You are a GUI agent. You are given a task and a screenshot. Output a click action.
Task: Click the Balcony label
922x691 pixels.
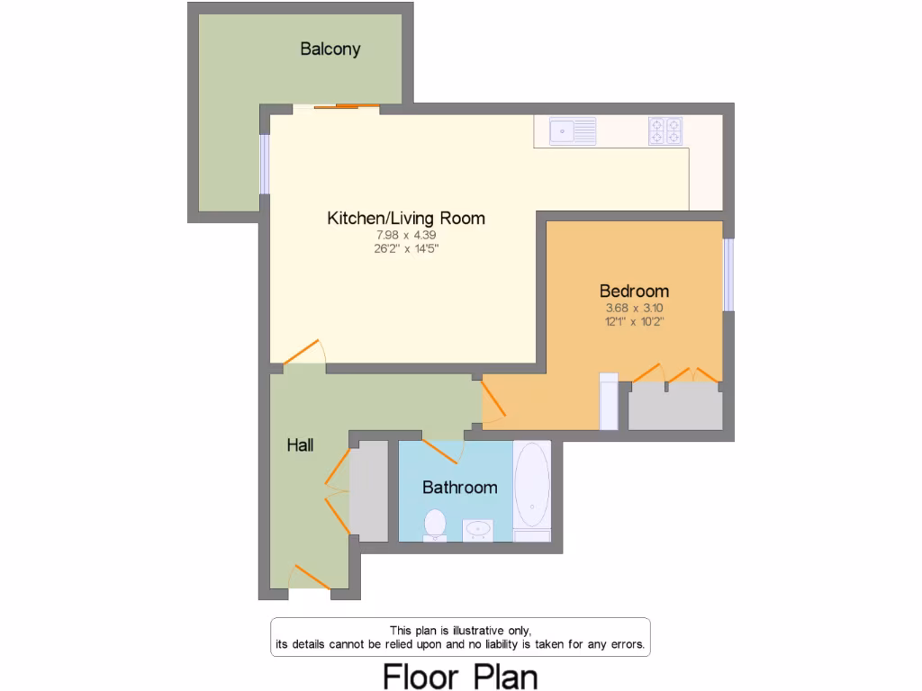tap(330, 49)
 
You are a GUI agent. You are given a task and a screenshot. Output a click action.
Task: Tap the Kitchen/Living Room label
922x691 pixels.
tap(405, 218)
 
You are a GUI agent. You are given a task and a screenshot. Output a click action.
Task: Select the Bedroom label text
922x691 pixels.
tap(634, 291)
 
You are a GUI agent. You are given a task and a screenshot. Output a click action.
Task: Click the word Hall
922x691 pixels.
tap(300, 444)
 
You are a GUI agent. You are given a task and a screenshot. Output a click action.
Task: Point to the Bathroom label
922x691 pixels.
tap(459, 488)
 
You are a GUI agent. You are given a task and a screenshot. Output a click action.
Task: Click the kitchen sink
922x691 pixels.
tap(573, 131)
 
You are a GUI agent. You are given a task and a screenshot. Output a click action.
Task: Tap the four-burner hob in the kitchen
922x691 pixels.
tap(665, 131)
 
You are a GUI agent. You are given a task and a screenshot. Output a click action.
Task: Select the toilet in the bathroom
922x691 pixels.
tap(435, 525)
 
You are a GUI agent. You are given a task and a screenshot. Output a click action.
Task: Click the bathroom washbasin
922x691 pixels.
tap(478, 530)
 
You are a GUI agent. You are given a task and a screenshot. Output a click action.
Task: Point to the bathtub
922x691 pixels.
tap(531, 490)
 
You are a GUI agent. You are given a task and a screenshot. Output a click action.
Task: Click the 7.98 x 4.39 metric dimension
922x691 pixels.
tap(405, 235)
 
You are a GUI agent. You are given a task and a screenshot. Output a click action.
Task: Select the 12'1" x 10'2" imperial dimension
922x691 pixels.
tap(634, 321)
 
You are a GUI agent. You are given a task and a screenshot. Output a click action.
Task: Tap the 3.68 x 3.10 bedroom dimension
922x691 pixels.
tap(634, 308)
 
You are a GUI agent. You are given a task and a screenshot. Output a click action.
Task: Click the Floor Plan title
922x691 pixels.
tap(460, 676)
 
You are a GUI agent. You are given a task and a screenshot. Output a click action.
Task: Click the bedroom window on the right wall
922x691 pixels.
tap(728, 274)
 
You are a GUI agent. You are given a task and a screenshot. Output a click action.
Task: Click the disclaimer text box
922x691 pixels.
tap(460, 637)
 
